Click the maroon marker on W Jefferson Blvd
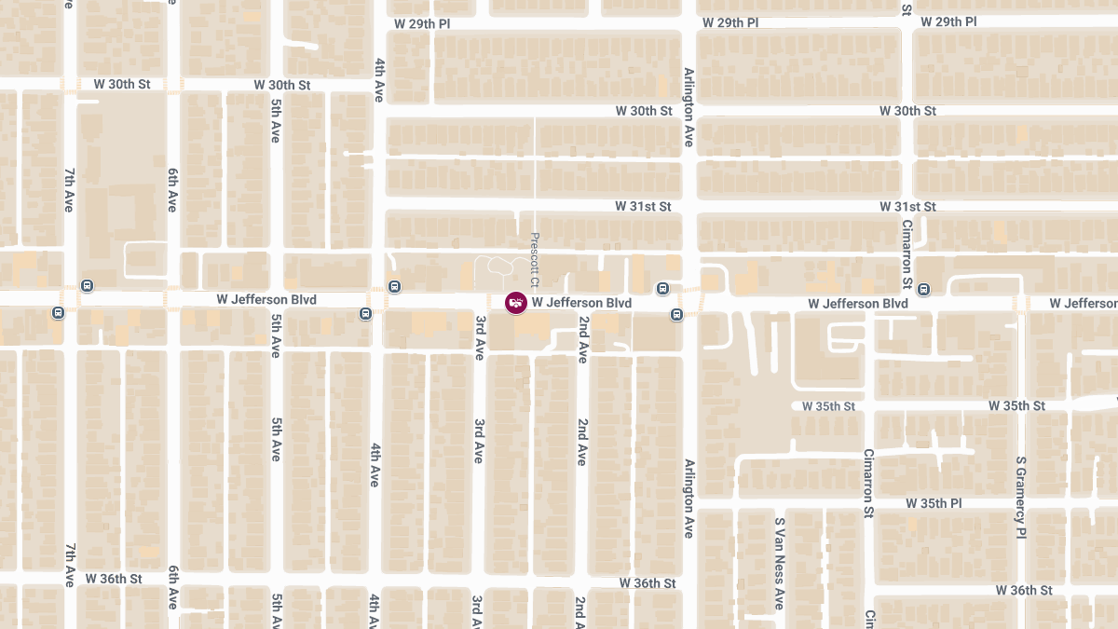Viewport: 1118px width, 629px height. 515,303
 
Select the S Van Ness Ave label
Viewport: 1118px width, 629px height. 779,564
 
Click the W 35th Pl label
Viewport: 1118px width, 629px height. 934,503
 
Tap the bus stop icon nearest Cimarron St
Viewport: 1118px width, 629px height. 923,289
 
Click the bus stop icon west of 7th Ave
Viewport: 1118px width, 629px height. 59,313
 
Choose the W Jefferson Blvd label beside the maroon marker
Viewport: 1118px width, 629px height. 581,303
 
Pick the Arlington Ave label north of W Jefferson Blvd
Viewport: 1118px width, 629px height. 689,107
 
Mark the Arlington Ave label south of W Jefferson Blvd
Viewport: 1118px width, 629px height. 689,499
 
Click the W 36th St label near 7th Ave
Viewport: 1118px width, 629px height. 114,579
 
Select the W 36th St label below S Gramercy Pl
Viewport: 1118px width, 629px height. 1023,591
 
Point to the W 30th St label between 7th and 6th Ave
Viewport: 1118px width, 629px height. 122,85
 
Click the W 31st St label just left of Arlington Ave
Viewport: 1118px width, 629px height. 643,206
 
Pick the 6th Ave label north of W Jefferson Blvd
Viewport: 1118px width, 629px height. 172,190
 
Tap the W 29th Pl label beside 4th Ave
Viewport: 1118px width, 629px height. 422,22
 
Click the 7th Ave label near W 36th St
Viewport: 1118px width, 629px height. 70,565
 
